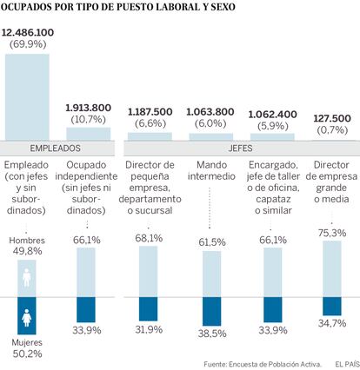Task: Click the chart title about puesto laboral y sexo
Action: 117,7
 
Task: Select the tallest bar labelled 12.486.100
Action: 27,97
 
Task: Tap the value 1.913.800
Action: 88,108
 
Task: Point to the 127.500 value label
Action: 332,118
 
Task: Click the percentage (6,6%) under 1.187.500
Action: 150,123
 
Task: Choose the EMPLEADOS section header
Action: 55,149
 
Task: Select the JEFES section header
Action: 240,149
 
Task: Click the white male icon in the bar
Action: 27,278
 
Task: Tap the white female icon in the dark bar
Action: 27,318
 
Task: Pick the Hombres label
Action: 27,241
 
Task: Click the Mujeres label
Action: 27,343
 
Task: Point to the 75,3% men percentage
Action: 332,233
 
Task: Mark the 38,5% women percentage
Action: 212,334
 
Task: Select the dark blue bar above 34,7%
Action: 332,306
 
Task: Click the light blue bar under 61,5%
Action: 211,274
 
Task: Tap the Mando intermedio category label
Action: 211,170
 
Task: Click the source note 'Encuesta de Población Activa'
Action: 276,364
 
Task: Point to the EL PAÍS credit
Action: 347,364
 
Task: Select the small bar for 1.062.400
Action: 272,137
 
